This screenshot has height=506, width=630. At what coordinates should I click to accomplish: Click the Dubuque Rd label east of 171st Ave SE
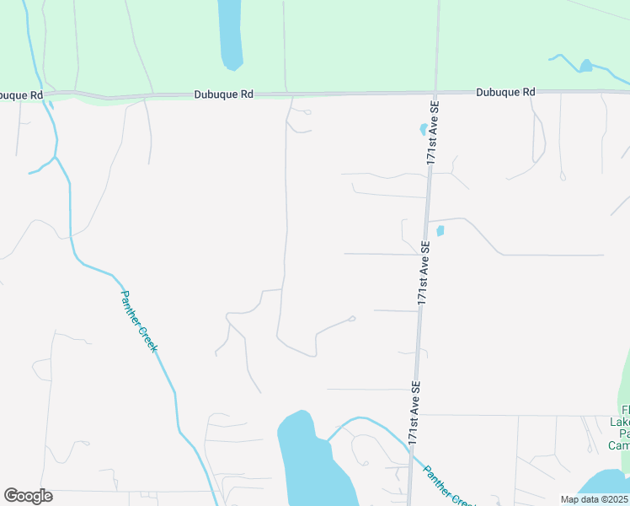pyautogui.click(x=505, y=92)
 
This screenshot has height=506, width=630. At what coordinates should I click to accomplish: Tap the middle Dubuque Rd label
pyautogui.click(x=223, y=95)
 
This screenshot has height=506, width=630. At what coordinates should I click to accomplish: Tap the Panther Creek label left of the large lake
pyautogui.click(x=138, y=321)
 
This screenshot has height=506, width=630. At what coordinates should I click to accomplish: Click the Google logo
pyautogui.click(x=28, y=496)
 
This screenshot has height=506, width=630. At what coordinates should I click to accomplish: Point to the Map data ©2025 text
pyautogui.click(x=594, y=499)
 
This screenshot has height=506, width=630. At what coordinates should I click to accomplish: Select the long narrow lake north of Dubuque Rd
pyautogui.click(x=230, y=34)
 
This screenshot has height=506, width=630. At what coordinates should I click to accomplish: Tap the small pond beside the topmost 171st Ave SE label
pyautogui.click(x=423, y=130)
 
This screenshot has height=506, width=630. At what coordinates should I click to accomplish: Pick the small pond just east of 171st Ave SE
pyautogui.click(x=440, y=231)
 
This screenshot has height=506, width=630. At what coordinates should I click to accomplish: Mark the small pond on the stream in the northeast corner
pyautogui.click(x=585, y=65)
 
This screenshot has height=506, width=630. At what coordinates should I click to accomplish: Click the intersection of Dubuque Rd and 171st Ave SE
pyautogui.click(x=435, y=91)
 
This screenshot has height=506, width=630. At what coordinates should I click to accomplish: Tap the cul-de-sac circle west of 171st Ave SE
pyautogui.click(x=352, y=318)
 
